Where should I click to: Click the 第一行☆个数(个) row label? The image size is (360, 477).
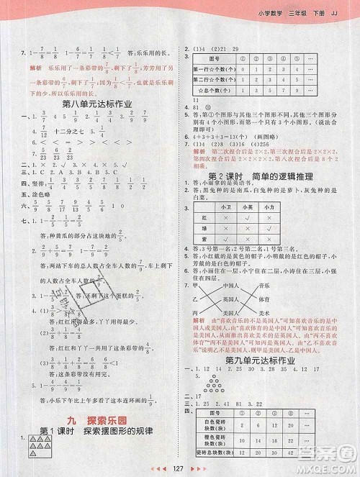click(x=214, y=69)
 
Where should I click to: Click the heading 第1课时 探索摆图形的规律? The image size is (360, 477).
click(x=98, y=433)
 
